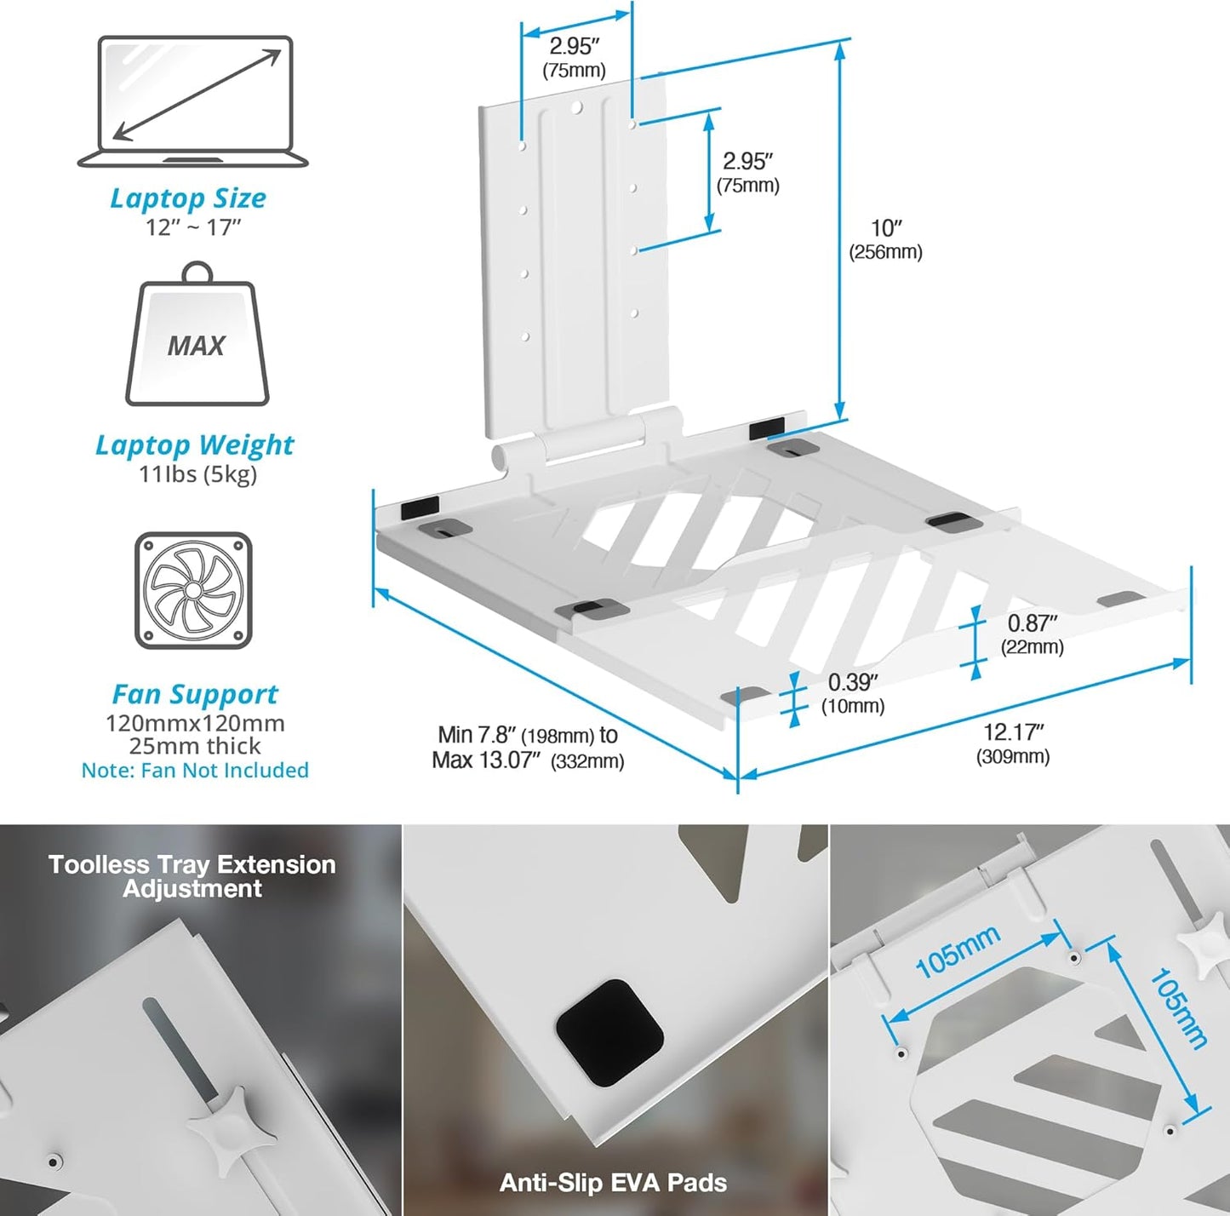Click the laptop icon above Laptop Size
pyautogui.click(x=192, y=101)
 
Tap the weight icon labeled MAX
pyautogui.click(x=197, y=334)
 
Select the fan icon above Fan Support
pyautogui.click(x=193, y=591)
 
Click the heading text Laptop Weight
pyautogui.click(x=195, y=445)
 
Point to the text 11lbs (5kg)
pyautogui.click(x=197, y=474)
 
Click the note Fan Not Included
pyautogui.click(x=195, y=770)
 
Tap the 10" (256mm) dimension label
pyautogui.click(x=886, y=239)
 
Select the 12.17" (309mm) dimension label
pyautogui.click(x=1013, y=743)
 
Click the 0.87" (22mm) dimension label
pyautogui.click(x=1033, y=634)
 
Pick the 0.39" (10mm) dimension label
pyautogui.click(x=853, y=693)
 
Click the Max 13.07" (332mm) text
pyautogui.click(x=528, y=760)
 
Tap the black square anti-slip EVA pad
pyautogui.click(x=609, y=1034)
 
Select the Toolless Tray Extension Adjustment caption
pyautogui.click(x=192, y=876)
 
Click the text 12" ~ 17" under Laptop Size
pyautogui.click(x=193, y=227)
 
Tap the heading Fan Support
pyautogui.click(x=195, y=693)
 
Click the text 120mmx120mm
pyautogui.click(x=195, y=724)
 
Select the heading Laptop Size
pyautogui.click(x=188, y=198)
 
